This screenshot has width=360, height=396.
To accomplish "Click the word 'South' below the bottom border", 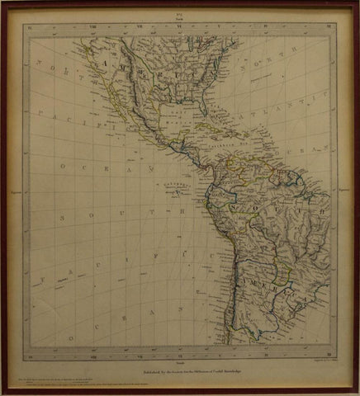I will click(x=180, y=361).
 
